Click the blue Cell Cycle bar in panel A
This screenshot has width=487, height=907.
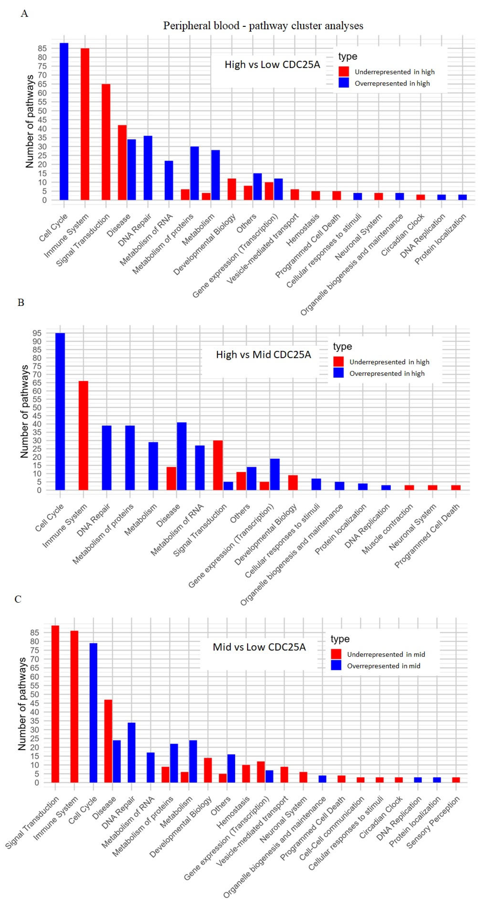[x=64, y=122]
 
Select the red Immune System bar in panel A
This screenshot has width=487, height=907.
[x=85, y=124]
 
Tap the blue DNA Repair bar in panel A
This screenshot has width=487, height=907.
[x=148, y=168]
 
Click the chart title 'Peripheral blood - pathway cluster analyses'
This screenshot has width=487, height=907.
[x=263, y=26]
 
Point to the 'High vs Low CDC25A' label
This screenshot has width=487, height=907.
[x=272, y=65]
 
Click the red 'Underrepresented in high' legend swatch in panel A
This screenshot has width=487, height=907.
[x=344, y=72]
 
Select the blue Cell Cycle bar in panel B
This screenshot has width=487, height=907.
[x=60, y=411]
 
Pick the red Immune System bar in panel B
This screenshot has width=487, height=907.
[x=83, y=435]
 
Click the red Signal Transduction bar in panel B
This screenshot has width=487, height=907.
[x=218, y=465]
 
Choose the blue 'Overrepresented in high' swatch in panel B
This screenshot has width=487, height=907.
[x=338, y=373]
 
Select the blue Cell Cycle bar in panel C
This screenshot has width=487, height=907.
[x=93, y=713]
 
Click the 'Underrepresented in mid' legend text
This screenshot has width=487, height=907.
[x=386, y=654]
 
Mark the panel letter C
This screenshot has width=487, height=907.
[x=18, y=599]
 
